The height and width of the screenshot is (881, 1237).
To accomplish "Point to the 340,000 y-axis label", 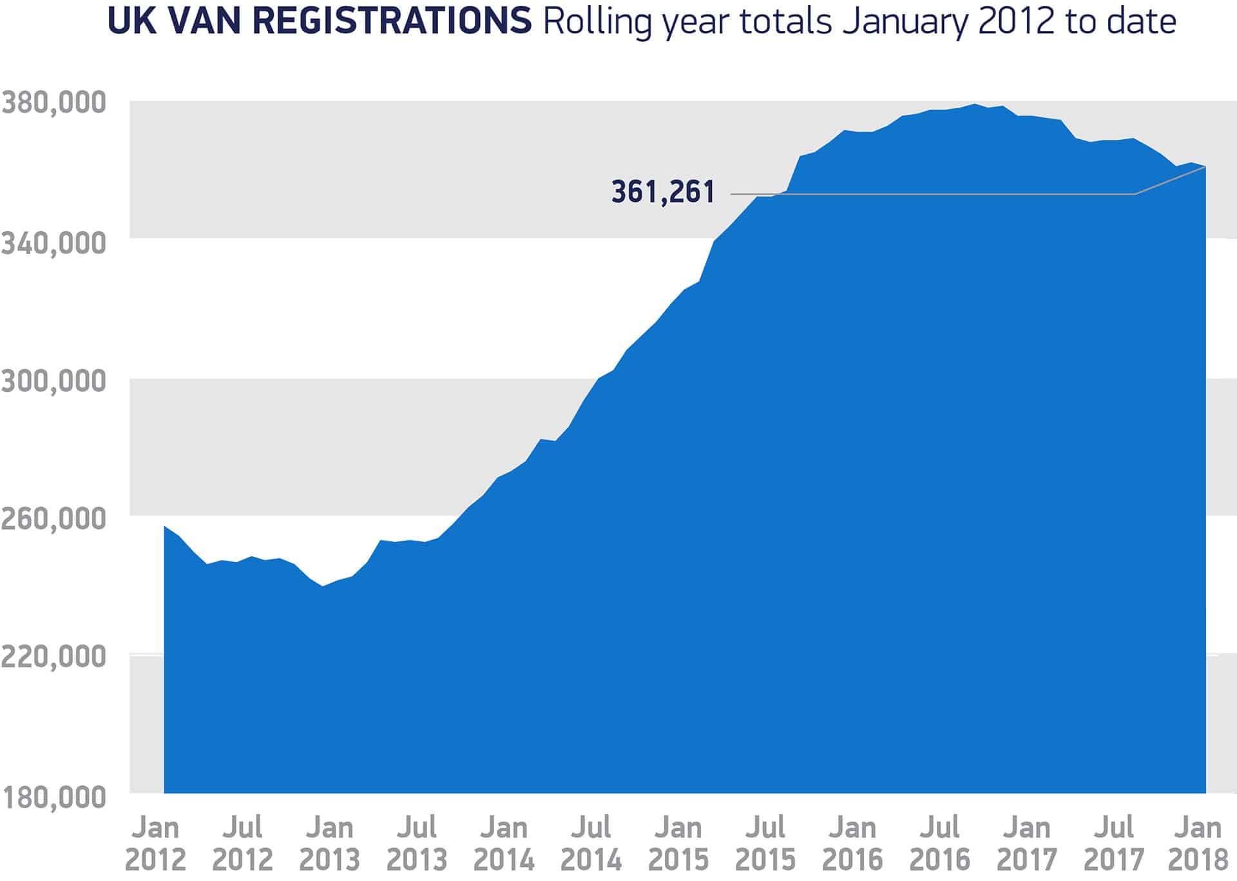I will click(53, 243).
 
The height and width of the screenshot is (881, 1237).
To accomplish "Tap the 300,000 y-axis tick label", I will click(53, 381).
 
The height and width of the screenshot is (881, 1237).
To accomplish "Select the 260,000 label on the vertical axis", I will click(53, 519).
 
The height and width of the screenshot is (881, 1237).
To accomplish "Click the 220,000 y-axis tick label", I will click(53, 657).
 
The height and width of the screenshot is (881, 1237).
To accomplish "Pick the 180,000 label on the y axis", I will click(53, 797).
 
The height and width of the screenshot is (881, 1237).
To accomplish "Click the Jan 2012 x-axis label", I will click(155, 843).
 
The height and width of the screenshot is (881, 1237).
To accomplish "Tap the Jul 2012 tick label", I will click(242, 843).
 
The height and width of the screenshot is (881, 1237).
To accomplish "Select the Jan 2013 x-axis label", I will click(329, 843).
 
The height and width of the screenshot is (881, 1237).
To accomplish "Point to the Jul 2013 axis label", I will click(417, 843).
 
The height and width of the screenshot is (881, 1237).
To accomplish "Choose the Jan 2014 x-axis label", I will click(504, 843).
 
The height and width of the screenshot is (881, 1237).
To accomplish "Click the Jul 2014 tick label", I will click(591, 843).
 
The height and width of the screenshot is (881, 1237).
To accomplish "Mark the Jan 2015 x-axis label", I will click(678, 843).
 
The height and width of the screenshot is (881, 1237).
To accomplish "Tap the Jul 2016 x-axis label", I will click(939, 843).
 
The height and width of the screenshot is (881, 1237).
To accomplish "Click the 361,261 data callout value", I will click(663, 192).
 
